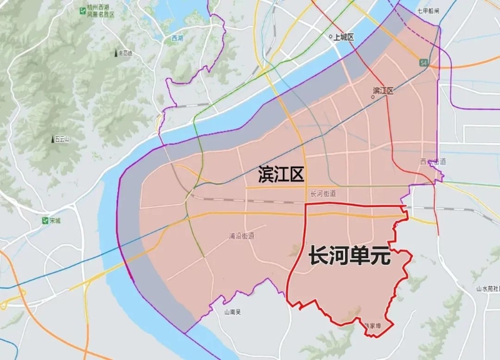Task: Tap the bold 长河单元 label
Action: coord(349,257)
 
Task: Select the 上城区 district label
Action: coord(344,37)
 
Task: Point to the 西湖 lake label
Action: coord(177,38)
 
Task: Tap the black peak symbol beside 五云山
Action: coord(52,138)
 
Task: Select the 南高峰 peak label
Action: coord(125,54)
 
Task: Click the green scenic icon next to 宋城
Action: coord(46,221)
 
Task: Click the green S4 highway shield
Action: coord(424,63)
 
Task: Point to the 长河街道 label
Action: coord(323,194)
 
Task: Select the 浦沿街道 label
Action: coord(241,236)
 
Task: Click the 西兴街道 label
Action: coord(433,162)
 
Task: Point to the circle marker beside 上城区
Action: coord(331,37)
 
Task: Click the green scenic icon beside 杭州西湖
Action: coord(82,11)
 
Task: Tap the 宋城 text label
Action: coord(56,221)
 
